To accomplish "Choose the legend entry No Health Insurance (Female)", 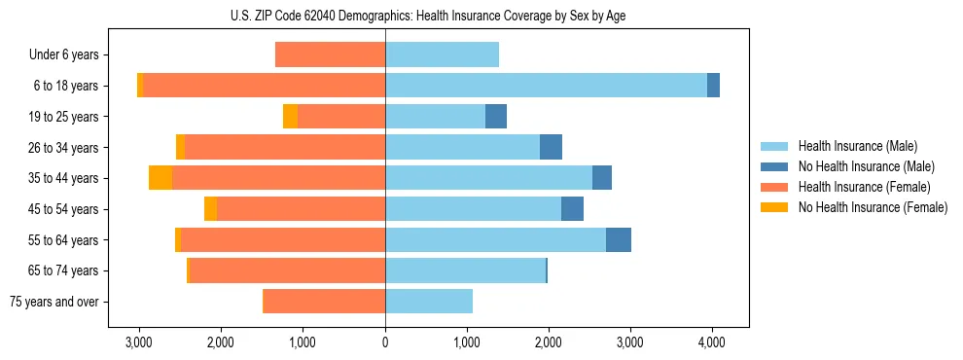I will (x=873, y=207).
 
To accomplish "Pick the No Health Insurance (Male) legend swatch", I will (x=775, y=166).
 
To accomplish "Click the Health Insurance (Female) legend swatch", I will (x=775, y=187).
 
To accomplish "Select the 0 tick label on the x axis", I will (x=385, y=342).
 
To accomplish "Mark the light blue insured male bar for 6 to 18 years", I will (x=546, y=86).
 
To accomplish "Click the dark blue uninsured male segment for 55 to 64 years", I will (x=619, y=239).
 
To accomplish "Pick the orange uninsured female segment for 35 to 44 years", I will (x=160, y=178).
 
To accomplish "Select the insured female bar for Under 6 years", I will (x=331, y=54).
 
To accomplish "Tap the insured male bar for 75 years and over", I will (x=429, y=302).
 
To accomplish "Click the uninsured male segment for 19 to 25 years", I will (x=496, y=116).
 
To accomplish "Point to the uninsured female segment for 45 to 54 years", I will (x=210, y=209).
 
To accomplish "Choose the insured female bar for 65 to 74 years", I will (x=288, y=270).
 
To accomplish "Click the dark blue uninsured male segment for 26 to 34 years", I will (x=551, y=147).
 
